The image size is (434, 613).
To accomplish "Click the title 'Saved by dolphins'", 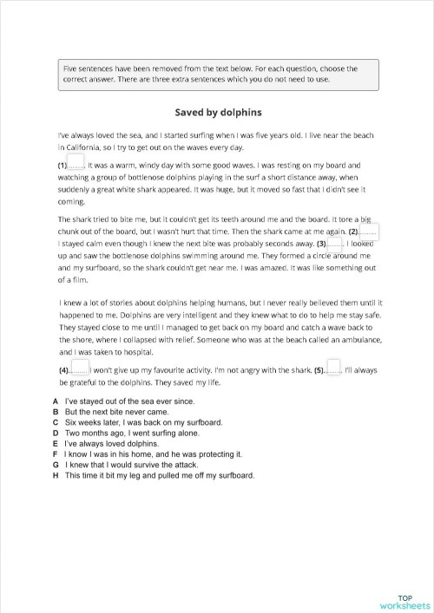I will [217, 112].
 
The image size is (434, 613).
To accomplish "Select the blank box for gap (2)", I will [368, 232].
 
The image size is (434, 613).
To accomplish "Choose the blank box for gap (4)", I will [79, 369].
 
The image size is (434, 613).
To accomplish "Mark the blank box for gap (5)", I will [333, 369].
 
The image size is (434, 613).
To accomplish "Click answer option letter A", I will [56, 401].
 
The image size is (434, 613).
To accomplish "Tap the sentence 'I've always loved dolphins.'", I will [112, 443].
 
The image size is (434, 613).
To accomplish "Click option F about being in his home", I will [153, 453].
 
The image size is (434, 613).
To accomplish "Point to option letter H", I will [56, 474].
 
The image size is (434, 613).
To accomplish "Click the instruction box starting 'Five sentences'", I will [217, 75].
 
